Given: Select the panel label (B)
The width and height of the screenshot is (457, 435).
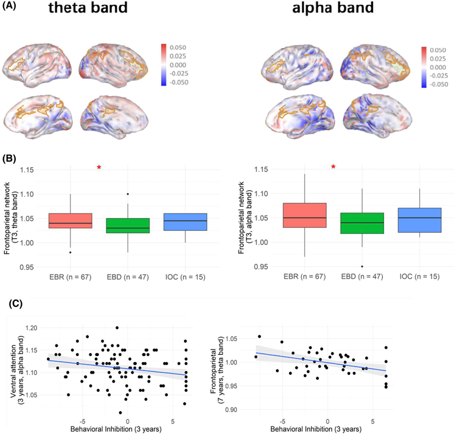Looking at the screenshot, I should [x=9, y=157].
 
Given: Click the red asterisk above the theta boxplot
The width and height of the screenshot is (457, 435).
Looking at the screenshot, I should [x=98, y=167].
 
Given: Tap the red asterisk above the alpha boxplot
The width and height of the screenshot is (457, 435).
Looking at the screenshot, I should [x=333, y=166].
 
